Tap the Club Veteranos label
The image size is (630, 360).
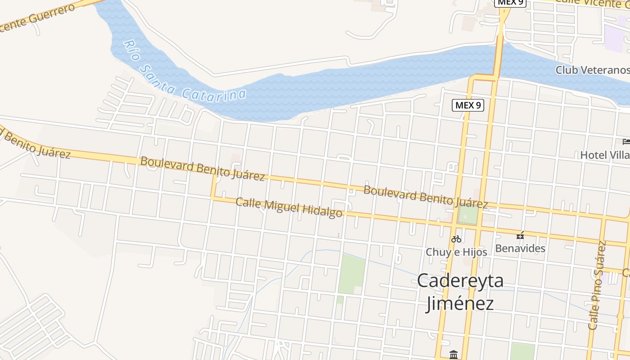point(592,70)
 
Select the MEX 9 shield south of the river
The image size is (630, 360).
point(468,105)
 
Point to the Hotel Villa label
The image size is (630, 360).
point(604,155)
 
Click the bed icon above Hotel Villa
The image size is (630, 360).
point(626,142)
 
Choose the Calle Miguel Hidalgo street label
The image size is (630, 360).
point(289,207)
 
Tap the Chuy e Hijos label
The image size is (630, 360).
point(456,252)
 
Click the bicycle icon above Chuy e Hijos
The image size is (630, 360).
point(456,239)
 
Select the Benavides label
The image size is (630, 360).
point(520,248)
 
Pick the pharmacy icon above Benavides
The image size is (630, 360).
point(520,235)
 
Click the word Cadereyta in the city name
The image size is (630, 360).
point(460,281)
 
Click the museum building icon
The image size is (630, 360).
point(454,355)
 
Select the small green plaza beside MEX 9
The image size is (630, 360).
point(468,214)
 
